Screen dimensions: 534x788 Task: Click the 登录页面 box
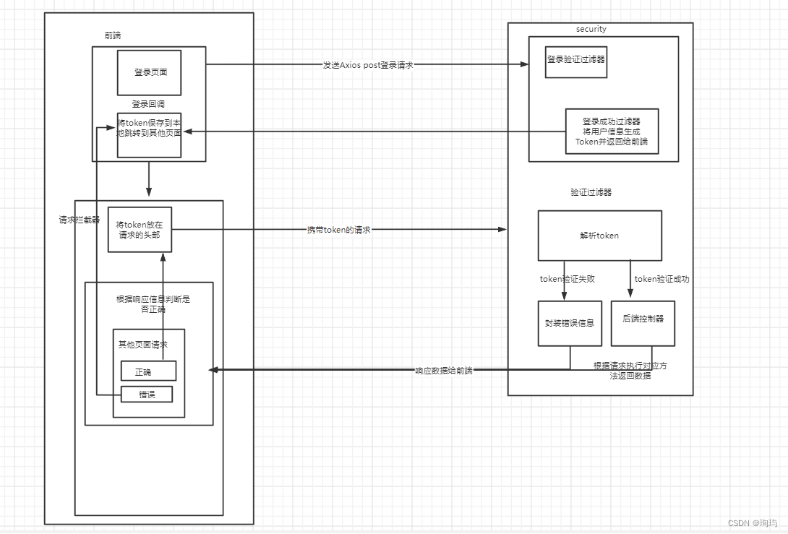[149, 72]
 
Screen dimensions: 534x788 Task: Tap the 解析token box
[599, 236]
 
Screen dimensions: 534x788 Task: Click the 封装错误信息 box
[570, 323]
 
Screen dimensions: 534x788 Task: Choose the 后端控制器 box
[643, 319]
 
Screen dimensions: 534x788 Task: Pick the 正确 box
[148, 371]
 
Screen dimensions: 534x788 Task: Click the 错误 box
[146, 395]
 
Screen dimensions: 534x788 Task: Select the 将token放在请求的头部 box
[140, 229]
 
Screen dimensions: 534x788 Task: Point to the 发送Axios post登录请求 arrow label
[367, 65]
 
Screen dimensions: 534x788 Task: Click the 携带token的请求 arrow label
[338, 230]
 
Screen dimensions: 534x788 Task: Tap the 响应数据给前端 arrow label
[443, 371]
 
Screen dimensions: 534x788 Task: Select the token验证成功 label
[661, 279]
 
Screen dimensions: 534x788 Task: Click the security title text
[591, 29]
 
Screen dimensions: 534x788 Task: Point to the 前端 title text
[114, 35]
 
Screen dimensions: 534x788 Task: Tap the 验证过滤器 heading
[591, 192]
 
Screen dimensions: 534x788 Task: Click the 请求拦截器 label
[80, 220]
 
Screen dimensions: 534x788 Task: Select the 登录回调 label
[148, 104]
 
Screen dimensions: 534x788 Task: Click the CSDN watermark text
[752, 523]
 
